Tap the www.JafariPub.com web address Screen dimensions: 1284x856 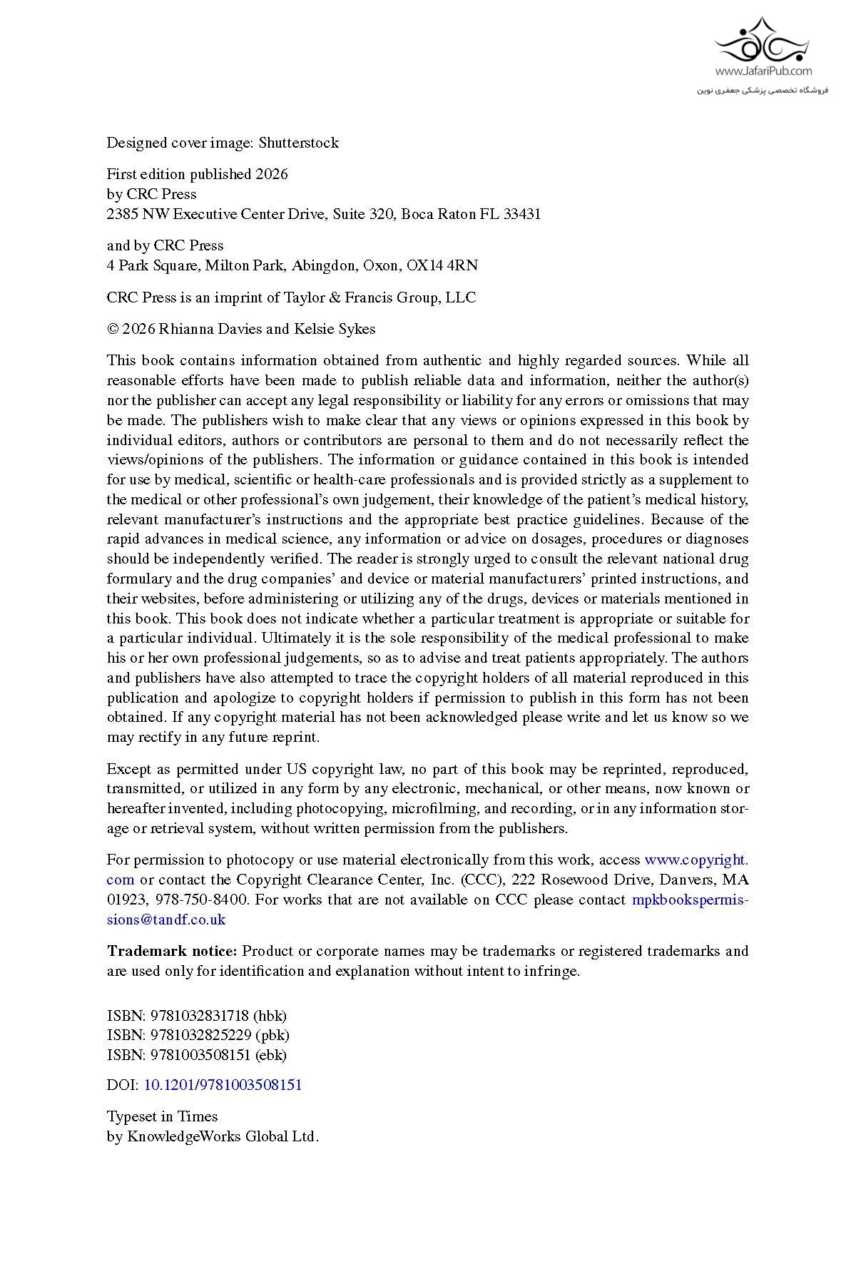click(x=763, y=71)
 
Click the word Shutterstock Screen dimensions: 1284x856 click(x=298, y=143)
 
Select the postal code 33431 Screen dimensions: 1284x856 click(x=522, y=214)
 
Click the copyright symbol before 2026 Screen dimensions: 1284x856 click(x=112, y=329)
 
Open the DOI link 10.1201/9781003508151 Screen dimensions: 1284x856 click(x=223, y=1085)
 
